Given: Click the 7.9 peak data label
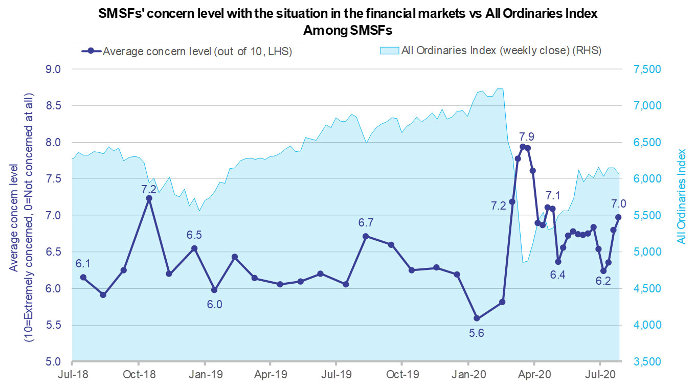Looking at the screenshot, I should coord(527,136).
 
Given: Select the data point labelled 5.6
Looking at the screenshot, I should coord(477,318).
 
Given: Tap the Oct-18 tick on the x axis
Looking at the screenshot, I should coord(139,374).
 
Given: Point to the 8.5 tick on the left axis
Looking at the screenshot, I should coord(53,106).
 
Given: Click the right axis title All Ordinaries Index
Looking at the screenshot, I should coord(681,196).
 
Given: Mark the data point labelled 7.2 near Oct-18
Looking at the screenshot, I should coord(149,198).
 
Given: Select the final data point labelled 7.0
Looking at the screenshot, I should coord(618,217).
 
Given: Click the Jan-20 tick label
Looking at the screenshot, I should coord(468,374).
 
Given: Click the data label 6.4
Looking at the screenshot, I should coord(557,275).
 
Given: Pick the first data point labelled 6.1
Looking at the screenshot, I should coord(83,277).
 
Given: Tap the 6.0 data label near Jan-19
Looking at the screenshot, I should coord(214,304).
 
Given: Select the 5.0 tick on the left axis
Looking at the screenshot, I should coord(53,362).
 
